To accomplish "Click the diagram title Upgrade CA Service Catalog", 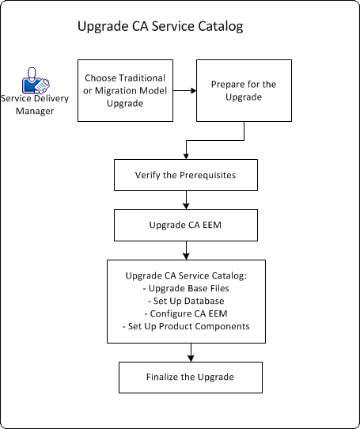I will pyautogui.click(x=159, y=27).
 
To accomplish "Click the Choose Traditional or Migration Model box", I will pyautogui.click(x=125, y=89).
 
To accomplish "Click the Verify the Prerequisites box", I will pyautogui.click(x=187, y=174).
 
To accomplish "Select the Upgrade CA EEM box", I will pyautogui.click(x=187, y=225).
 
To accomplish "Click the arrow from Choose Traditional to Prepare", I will pyautogui.click(x=184, y=89).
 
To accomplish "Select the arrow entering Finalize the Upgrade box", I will pyautogui.click(x=189, y=352).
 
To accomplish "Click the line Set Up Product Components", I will pyautogui.click(x=187, y=326).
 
